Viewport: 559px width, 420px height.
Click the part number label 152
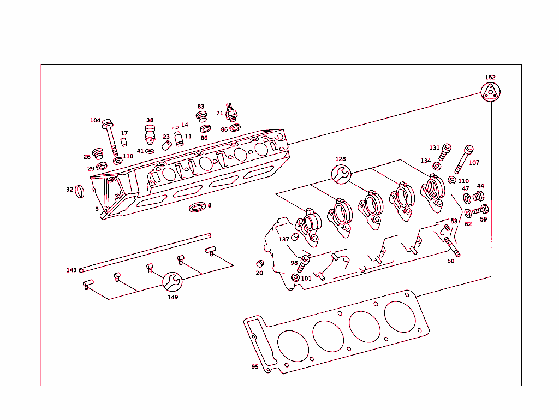[x=490, y=78]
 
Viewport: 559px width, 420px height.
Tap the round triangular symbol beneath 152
[x=491, y=92]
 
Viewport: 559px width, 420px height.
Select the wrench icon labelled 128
[x=341, y=174]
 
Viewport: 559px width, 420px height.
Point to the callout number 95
[x=255, y=366]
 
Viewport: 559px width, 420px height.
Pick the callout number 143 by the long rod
[x=72, y=270]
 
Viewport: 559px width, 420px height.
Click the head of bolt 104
[x=108, y=122]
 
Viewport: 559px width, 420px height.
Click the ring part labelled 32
[x=80, y=192]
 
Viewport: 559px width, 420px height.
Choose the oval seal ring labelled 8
[x=198, y=208]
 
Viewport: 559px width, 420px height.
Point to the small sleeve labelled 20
[x=260, y=264]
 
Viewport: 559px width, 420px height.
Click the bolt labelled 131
[x=446, y=150]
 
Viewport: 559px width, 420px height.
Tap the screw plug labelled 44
[x=479, y=196]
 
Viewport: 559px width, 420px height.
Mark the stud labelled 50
[x=451, y=246]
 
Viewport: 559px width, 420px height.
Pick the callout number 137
[x=284, y=239]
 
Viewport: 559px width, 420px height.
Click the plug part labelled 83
[x=202, y=116]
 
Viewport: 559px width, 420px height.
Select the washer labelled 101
[x=295, y=278]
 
